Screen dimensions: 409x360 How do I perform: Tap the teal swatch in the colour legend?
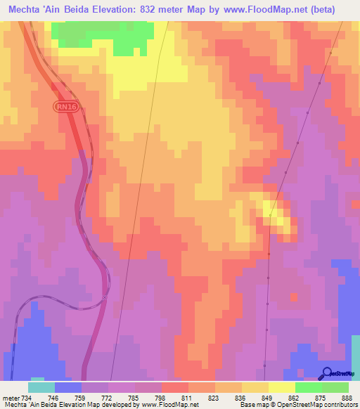pos(41,387)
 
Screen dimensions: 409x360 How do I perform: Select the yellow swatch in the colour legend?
pos(281,387)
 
